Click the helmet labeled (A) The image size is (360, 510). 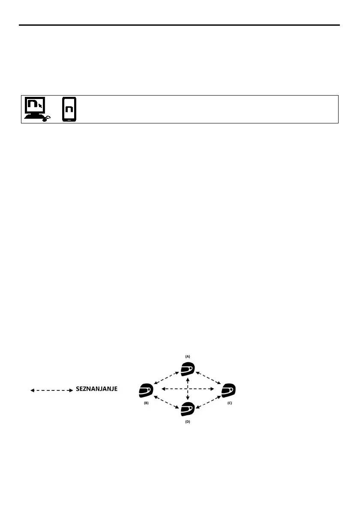click(x=188, y=369)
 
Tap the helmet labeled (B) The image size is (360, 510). click(x=146, y=390)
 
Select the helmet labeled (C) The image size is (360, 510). click(x=229, y=390)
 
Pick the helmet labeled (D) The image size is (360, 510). click(x=188, y=410)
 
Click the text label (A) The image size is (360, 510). click(x=187, y=356)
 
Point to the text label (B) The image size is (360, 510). click(x=146, y=404)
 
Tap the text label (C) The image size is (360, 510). click(x=229, y=404)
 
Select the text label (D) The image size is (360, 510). click(x=187, y=422)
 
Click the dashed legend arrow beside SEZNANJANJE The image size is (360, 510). click(x=51, y=390)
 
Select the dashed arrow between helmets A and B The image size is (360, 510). click(x=166, y=378)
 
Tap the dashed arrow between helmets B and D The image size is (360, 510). click(x=166, y=402)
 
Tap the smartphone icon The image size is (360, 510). click(x=69, y=110)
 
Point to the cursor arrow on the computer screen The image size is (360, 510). click(x=41, y=105)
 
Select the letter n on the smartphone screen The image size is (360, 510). click(x=69, y=109)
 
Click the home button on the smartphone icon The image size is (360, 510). click(x=69, y=120)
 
